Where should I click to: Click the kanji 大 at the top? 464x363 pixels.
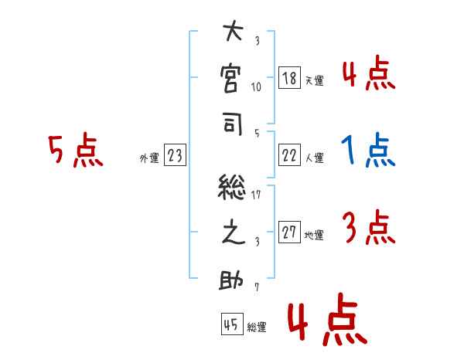click(233, 35)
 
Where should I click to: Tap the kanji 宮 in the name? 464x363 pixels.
click(233, 80)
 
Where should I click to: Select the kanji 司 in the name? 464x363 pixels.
click(233, 127)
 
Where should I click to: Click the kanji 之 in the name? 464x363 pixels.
click(233, 234)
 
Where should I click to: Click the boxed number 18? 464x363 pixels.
click(289, 78)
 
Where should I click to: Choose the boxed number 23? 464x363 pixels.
click(175, 155)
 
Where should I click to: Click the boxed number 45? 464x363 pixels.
click(230, 324)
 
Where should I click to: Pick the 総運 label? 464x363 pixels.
click(256, 327)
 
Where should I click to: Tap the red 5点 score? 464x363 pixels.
click(76, 151)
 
